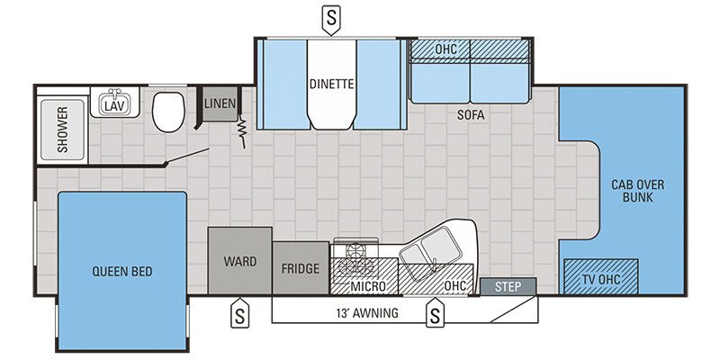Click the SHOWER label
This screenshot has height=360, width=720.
(x=63, y=130)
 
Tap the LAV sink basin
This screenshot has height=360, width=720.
(x=112, y=103)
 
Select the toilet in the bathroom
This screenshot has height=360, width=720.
(x=167, y=112)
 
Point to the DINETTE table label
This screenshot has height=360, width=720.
(x=331, y=85)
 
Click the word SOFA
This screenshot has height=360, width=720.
(x=470, y=114)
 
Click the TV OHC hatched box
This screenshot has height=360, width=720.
(x=601, y=277)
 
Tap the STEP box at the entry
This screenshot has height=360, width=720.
(x=508, y=286)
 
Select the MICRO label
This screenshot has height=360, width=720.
(x=368, y=286)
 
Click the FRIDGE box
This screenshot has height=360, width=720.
(x=301, y=268)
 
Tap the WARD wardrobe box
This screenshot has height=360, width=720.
(x=240, y=261)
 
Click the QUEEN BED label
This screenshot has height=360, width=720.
(x=121, y=271)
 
